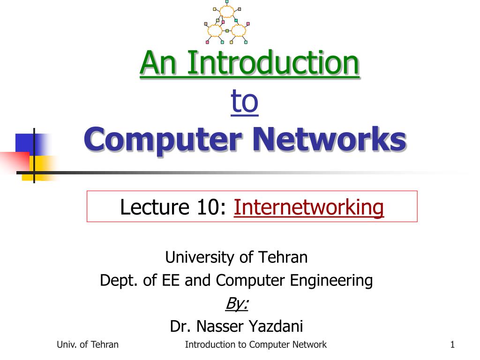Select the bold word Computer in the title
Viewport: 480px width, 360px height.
click(x=163, y=140)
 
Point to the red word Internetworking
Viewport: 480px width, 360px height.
click(x=308, y=207)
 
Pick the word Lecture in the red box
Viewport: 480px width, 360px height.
click(x=155, y=207)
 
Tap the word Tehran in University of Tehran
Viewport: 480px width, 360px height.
click(x=283, y=257)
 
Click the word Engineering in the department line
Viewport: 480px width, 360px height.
click(x=331, y=281)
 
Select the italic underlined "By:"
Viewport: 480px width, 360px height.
click(x=237, y=304)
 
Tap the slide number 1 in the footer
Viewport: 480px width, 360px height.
click(x=452, y=345)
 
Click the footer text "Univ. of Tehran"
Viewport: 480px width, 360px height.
click(x=88, y=345)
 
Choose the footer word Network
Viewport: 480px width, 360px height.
click(x=309, y=345)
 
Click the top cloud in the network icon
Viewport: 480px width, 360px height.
click(x=227, y=12)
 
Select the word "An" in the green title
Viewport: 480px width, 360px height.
click(x=158, y=63)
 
